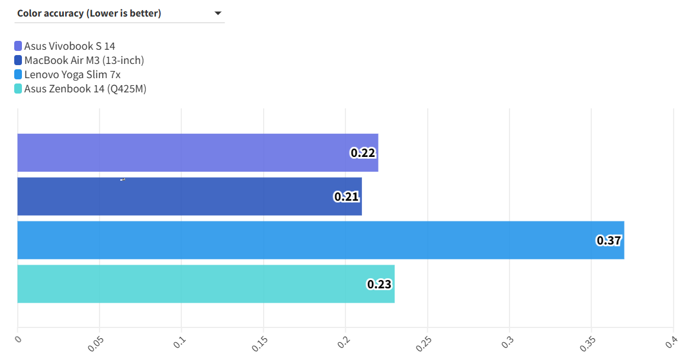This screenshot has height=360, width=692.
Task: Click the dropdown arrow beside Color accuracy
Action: pyautogui.click(x=217, y=13)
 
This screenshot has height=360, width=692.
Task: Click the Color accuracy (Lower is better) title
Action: pyautogui.click(x=89, y=13)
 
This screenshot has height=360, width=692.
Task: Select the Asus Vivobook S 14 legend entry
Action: pyautogui.click(x=69, y=46)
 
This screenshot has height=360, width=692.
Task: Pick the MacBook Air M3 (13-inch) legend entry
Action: pyautogui.click(x=84, y=60)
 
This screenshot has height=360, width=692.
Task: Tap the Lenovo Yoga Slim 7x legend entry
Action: pyautogui.click(x=72, y=75)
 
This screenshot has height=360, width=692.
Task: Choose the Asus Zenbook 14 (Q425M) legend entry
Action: pyautogui.click(x=85, y=89)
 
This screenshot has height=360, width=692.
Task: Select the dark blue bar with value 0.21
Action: pyautogui.click(x=178, y=197)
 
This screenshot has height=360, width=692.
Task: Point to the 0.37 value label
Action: pyautogui.click(x=608, y=240)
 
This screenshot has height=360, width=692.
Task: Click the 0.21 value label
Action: pyautogui.click(x=347, y=197)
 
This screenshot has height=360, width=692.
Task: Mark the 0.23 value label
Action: pyautogui.click(x=379, y=284)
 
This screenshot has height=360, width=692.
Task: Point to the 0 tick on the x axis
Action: pyautogui.click(x=18, y=339)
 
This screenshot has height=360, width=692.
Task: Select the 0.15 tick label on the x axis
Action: pyautogui.click(x=259, y=344)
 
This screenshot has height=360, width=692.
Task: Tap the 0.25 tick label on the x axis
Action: pyautogui.click(x=424, y=344)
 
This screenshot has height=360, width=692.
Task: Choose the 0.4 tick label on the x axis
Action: pyautogui.click(x=671, y=342)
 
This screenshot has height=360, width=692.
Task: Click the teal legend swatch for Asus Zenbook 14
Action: pyautogui.click(x=18, y=89)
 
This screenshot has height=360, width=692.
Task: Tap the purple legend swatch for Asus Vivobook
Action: pyautogui.click(x=18, y=46)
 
